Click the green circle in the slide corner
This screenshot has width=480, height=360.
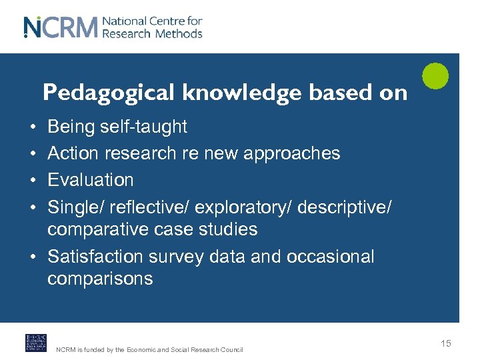[435, 75]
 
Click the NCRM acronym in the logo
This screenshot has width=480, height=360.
[61, 27]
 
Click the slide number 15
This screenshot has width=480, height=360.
[445, 343]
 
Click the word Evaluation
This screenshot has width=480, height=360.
[91, 180]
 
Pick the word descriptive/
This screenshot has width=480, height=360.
[345, 207]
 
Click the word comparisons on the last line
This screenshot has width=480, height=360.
[100, 279]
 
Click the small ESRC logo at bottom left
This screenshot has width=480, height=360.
[36, 343]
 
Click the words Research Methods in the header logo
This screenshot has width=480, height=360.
[152, 33]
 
